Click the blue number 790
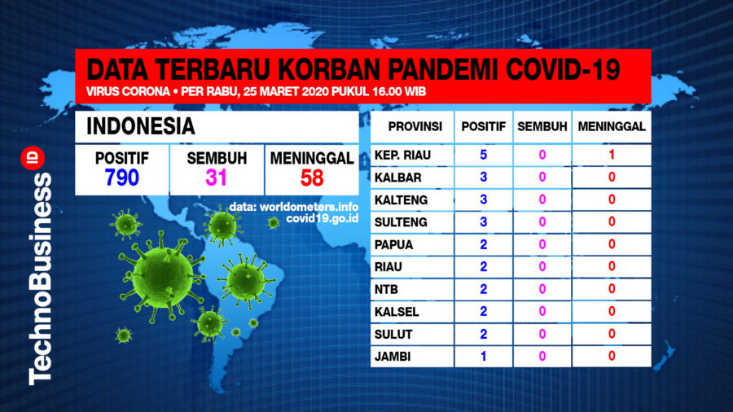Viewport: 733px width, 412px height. click(x=122, y=178)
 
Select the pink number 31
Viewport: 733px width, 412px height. click(x=217, y=178)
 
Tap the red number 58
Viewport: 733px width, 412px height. click(x=312, y=178)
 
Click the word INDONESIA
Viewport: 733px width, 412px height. click(x=141, y=126)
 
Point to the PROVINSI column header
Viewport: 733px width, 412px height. click(x=415, y=126)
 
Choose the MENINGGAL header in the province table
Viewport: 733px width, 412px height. click(x=612, y=126)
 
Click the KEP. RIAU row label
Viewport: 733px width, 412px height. click(x=402, y=155)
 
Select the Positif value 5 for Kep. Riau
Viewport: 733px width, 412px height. click(x=483, y=155)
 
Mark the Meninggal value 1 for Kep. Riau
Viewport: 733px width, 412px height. click(x=612, y=155)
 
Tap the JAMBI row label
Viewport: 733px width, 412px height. click(x=393, y=357)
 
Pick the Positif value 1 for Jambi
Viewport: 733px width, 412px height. click(x=483, y=357)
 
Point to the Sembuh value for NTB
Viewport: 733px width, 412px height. click(x=542, y=289)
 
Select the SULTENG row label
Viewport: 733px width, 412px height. click(x=401, y=222)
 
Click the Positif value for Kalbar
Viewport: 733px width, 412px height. click(x=483, y=178)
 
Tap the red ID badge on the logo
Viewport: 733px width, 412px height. click(x=33, y=158)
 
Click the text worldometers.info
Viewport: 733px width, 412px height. click(x=309, y=207)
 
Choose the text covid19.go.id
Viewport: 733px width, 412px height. click(x=322, y=218)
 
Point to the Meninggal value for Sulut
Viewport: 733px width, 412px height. click(x=612, y=334)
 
